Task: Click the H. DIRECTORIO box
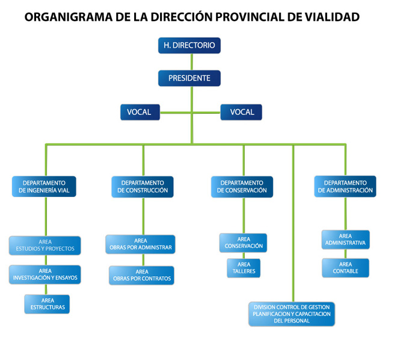(x=189, y=45)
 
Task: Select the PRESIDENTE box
(x=189, y=78)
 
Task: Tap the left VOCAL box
(x=140, y=112)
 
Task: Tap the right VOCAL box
(x=241, y=112)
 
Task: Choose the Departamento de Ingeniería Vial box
(x=44, y=187)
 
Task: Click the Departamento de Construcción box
(x=143, y=187)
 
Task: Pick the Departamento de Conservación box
(x=242, y=187)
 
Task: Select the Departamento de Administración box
(x=345, y=187)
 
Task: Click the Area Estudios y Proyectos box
(x=45, y=245)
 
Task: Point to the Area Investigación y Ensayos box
(x=45, y=275)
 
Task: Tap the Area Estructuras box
(x=48, y=303)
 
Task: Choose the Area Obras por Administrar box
(x=141, y=244)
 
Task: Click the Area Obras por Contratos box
(x=141, y=275)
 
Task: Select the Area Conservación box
(x=244, y=243)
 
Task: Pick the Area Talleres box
(x=244, y=268)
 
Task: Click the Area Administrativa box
(x=345, y=240)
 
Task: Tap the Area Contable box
(x=345, y=268)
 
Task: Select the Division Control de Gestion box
(x=292, y=314)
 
